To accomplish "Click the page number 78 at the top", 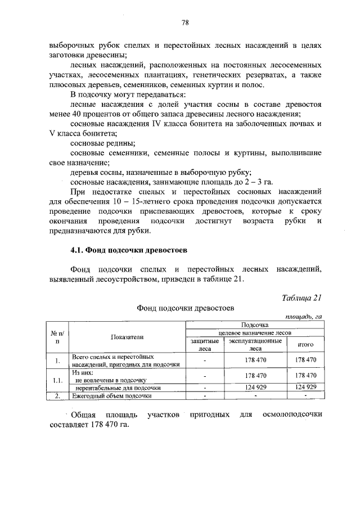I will coord(184,22).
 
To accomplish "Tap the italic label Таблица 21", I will coord(301,298).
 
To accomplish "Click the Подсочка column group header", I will coord(255,325).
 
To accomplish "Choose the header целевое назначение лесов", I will coord(255,333).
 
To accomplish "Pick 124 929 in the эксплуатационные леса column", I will coord(255,387).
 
